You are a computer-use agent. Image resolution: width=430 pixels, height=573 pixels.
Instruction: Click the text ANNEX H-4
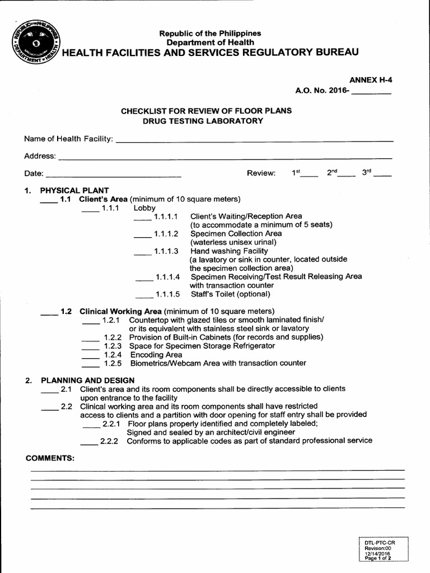pyautogui.click(x=371, y=80)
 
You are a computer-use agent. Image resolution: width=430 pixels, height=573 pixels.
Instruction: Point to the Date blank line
pyautogui.click(x=113, y=176)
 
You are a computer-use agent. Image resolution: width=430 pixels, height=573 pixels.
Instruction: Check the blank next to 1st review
pyautogui.click(x=309, y=175)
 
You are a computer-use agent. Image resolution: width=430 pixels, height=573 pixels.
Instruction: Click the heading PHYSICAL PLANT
pyautogui.click(x=74, y=190)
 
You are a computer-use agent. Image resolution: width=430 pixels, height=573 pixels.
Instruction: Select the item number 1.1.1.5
pyautogui.click(x=167, y=294)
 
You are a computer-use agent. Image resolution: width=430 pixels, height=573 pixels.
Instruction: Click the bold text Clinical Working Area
pyautogui.click(x=120, y=311)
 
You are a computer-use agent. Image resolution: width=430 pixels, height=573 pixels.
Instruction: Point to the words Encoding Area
pyautogui.click(x=156, y=355)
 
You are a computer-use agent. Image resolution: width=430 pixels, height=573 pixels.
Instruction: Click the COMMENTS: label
pyautogui.click(x=50, y=458)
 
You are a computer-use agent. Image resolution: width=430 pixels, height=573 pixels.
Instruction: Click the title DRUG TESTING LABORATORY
pyautogui.click(x=203, y=121)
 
